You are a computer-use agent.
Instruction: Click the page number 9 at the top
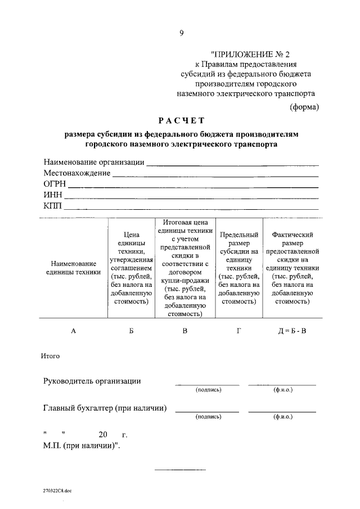click(x=182, y=33)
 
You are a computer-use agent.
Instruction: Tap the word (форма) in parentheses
click(x=304, y=106)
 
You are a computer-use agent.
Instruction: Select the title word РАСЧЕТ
click(x=182, y=120)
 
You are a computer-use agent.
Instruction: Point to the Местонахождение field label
click(x=77, y=173)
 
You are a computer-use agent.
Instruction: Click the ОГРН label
click(x=55, y=184)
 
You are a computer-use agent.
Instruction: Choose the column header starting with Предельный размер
click(x=239, y=268)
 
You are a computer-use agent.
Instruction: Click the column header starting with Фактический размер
click(x=292, y=268)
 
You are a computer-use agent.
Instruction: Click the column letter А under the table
click(x=73, y=331)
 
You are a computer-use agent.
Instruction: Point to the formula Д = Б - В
click(x=292, y=331)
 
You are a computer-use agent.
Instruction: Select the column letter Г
click(x=239, y=331)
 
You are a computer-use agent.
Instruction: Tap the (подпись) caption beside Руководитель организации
click(x=208, y=390)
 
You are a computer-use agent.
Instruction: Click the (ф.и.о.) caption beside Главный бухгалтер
click(x=282, y=417)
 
